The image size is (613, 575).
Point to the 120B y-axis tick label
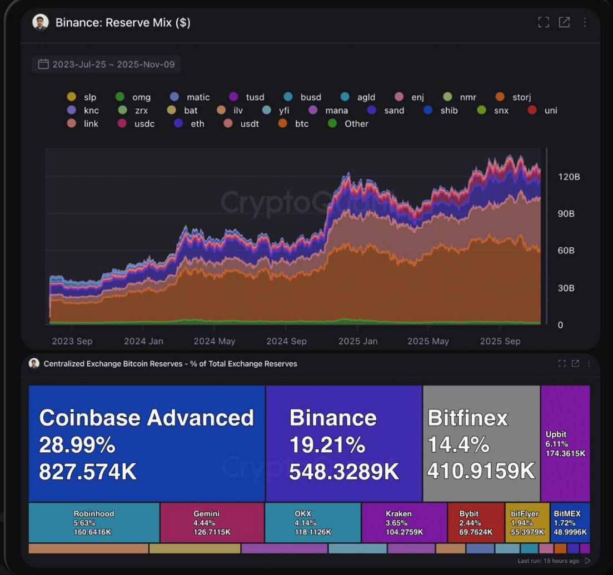[569, 177]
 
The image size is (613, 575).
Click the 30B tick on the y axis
[566, 288]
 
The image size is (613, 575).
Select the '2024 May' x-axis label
[215, 341]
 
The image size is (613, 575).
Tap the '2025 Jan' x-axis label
[358, 341]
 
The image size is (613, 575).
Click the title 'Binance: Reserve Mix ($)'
[123, 23]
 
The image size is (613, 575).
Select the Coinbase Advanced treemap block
[146, 443]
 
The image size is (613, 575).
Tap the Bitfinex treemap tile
[481, 443]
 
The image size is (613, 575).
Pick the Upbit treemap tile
[565, 443]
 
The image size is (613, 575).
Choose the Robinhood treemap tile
[93, 522]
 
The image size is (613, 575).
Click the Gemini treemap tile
[212, 522]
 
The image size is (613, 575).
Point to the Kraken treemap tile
[404, 522]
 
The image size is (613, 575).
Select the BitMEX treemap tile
[570, 522]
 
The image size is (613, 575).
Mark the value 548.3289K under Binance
[344, 472]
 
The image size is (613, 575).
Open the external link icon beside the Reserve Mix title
[564, 22]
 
